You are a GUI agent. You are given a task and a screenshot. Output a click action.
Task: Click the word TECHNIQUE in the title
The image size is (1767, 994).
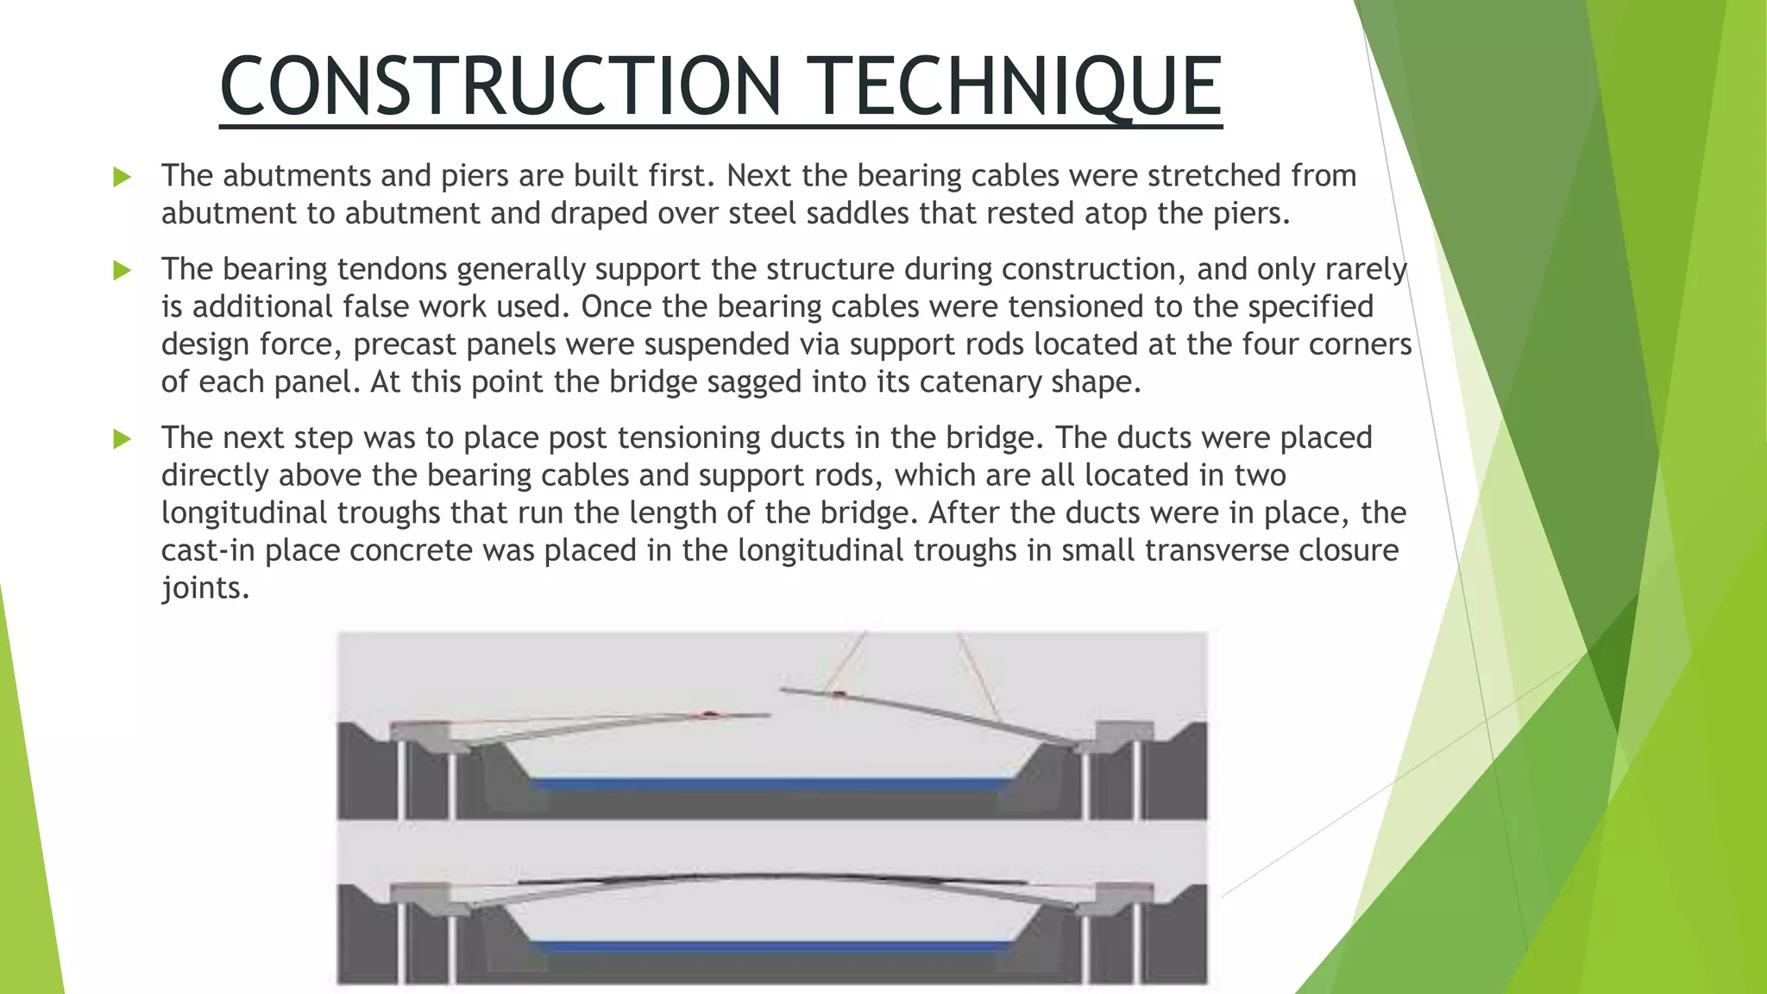point(1019,86)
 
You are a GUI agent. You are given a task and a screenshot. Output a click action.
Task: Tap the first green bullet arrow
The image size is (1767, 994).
point(123,178)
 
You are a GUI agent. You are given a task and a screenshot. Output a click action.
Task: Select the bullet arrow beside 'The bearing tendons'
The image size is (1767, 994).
point(123,271)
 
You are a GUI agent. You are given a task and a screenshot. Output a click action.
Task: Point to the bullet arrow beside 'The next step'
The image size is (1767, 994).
point(123,439)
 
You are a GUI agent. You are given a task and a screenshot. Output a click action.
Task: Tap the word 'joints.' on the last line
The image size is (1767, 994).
point(205,588)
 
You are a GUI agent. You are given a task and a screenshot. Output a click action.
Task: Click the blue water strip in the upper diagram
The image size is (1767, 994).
point(772,784)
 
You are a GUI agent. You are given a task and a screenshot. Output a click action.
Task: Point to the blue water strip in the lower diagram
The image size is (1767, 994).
point(772,947)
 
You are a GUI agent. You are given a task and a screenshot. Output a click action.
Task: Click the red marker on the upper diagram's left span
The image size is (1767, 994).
point(709,714)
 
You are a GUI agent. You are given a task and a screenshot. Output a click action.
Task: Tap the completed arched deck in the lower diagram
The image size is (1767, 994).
point(772,877)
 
